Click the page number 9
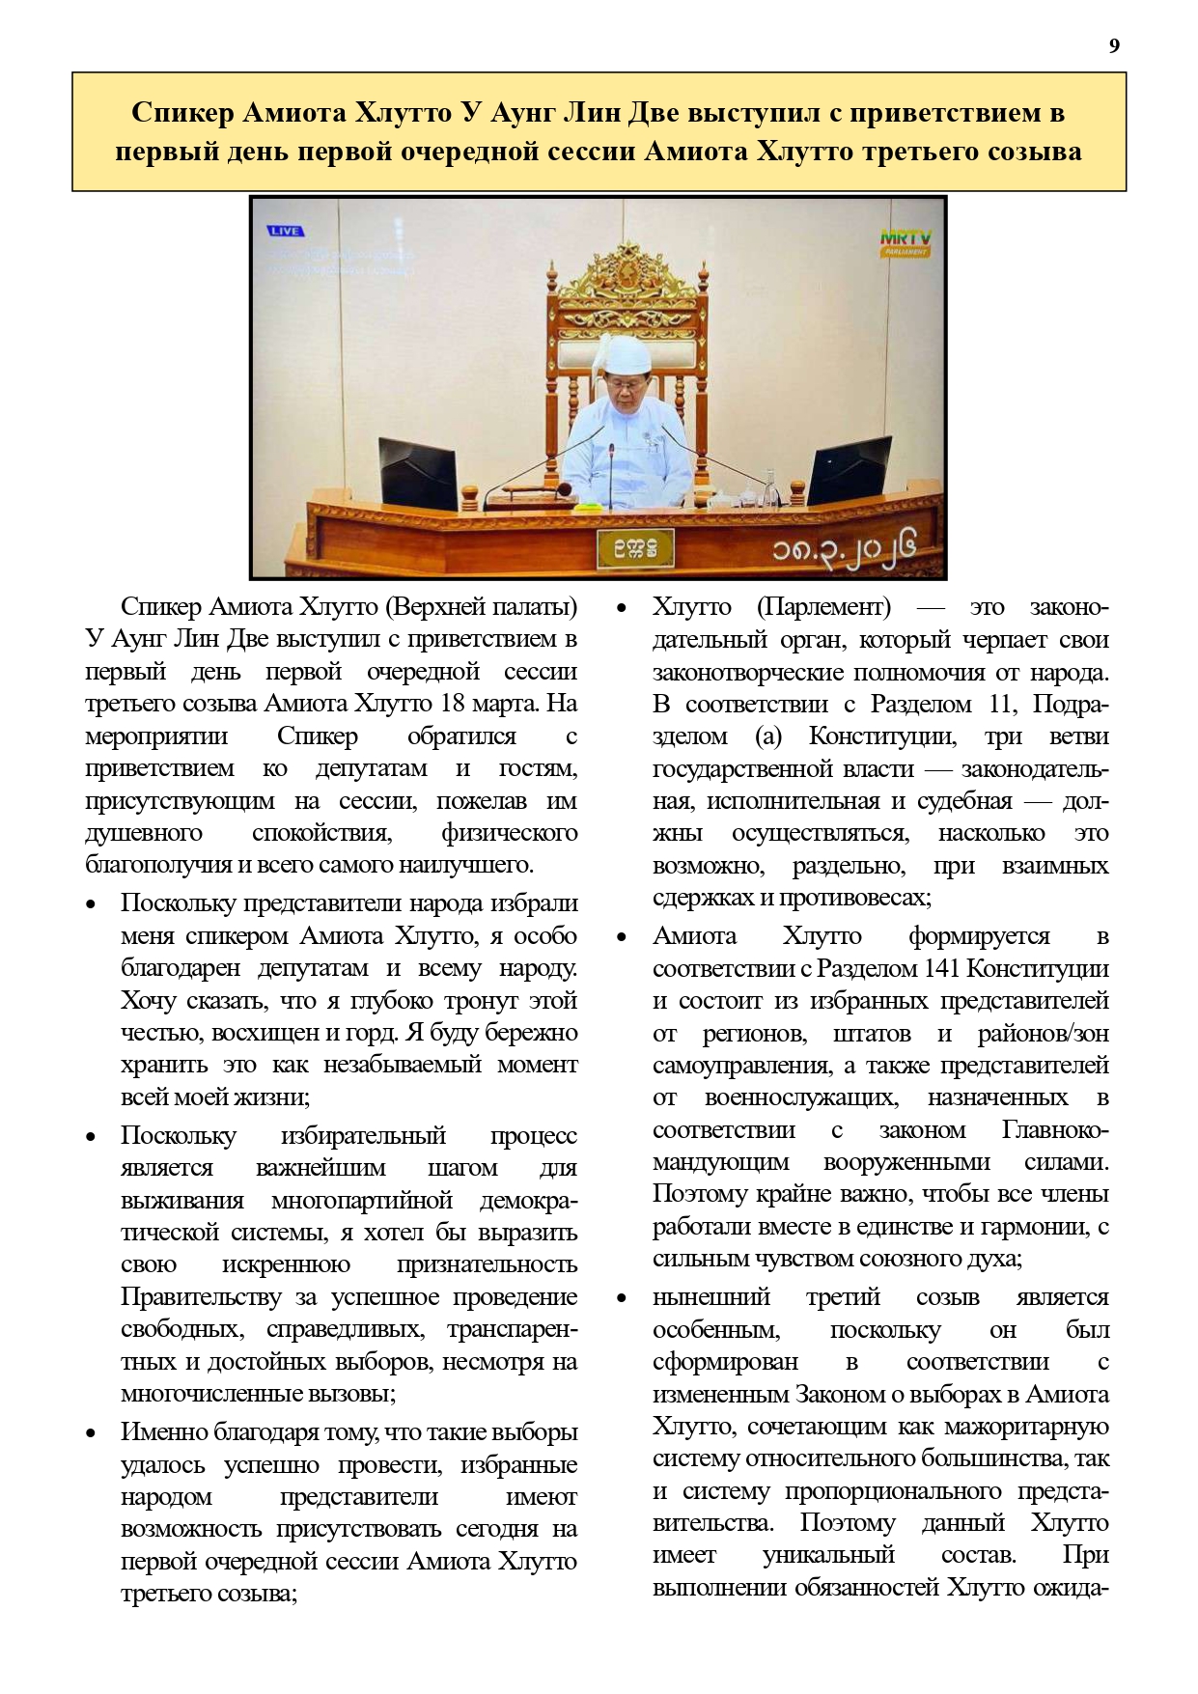click(x=1115, y=46)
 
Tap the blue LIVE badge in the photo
click(x=286, y=232)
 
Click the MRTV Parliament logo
click(x=905, y=241)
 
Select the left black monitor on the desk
click(x=417, y=472)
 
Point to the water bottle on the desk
click(x=769, y=487)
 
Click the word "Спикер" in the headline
click(x=182, y=113)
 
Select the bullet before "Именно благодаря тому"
click(x=92, y=1433)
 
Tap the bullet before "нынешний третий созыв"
click(x=623, y=1298)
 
